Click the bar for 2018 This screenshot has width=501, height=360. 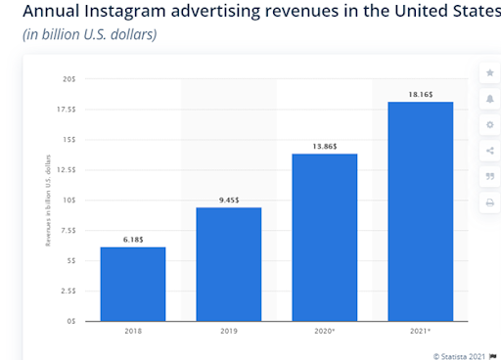132,284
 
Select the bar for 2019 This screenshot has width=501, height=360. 228,264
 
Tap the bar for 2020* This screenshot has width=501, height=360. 324,237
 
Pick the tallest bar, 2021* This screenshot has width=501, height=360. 420,210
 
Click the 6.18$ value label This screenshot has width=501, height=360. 132,239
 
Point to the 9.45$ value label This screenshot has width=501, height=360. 228,200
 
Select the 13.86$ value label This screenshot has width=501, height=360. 324,146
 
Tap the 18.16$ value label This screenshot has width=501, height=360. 420,94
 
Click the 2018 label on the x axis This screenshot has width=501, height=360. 132,332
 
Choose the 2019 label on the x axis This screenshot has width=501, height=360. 228,332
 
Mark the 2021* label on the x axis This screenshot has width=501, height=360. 421,332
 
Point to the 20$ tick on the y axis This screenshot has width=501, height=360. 69,78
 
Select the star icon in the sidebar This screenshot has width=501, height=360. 488,74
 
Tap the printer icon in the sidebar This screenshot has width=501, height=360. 488,202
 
